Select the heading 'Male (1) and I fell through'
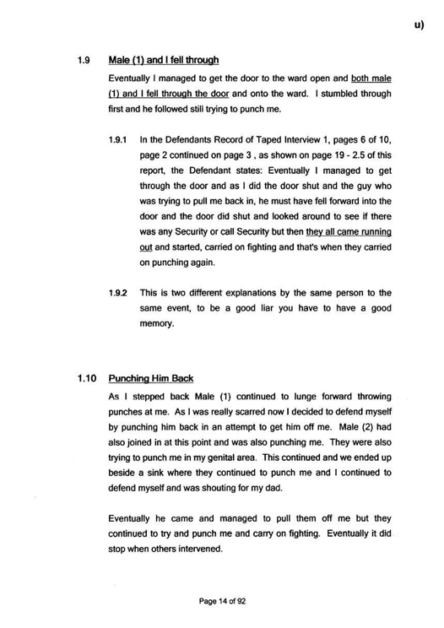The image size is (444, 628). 164,60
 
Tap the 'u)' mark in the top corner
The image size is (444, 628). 420,26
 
